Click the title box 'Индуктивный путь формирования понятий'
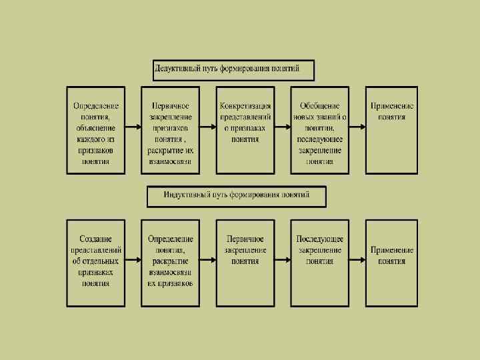pyautogui.click(x=237, y=196)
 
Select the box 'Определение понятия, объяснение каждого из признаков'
pyautogui.click(x=96, y=130)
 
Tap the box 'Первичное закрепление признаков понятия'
pyautogui.click(x=170, y=130)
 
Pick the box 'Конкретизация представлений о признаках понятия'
pyautogui.click(x=245, y=130)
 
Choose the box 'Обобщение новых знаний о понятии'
pyautogui.click(x=319, y=130)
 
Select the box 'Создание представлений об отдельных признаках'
pyautogui.click(x=96, y=263)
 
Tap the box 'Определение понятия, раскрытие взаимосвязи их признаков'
pyautogui.click(x=170, y=263)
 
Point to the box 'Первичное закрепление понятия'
pyautogui.click(x=245, y=263)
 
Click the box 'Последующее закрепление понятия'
pyautogui.click(x=319, y=263)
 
